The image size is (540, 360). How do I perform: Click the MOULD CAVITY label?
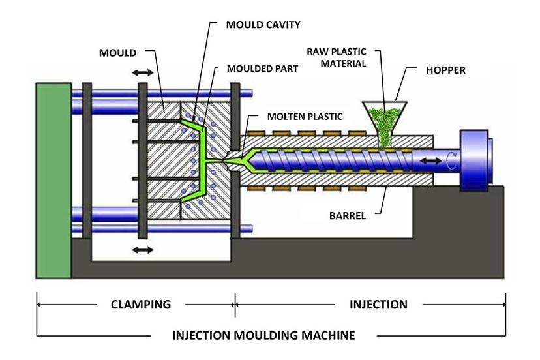(263, 25)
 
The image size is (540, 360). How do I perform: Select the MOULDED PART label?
(262, 68)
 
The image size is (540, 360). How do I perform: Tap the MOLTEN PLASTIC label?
(305, 117)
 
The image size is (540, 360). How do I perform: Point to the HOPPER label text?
(447, 70)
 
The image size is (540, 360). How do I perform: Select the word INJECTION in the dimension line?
(378, 305)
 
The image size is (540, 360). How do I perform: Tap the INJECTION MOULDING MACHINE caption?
(263, 336)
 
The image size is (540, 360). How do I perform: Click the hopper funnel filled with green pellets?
(384, 117)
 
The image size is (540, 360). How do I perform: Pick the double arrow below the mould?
(142, 250)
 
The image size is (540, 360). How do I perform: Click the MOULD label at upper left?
(117, 52)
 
